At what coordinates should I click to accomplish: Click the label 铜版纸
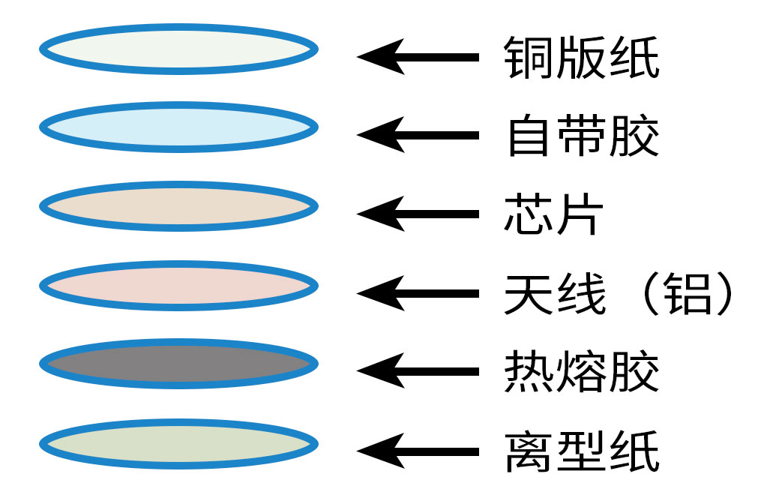pyautogui.click(x=582, y=57)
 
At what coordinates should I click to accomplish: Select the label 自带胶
pyautogui.click(x=582, y=136)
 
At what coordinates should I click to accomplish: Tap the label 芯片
pyautogui.click(x=553, y=214)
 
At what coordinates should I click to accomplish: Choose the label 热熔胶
pyautogui.click(x=582, y=372)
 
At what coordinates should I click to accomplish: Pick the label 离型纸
pyautogui.click(x=582, y=451)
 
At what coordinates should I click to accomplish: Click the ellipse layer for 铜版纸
pyautogui.click(x=178, y=49)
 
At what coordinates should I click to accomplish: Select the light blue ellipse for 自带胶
pyautogui.click(x=178, y=127)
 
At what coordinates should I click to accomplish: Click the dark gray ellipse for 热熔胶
pyautogui.click(x=178, y=364)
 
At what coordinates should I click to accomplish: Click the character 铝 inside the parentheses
pyautogui.click(x=688, y=293)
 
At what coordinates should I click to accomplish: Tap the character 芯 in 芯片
pyautogui.click(x=528, y=214)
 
